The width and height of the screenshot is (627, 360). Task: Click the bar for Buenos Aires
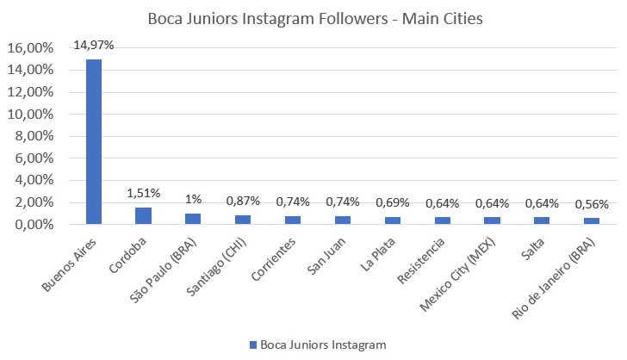click(93, 141)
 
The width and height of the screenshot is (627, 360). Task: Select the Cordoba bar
click(143, 216)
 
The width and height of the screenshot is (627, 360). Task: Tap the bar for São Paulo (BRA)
click(193, 219)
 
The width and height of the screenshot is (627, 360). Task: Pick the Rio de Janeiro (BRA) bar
click(592, 221)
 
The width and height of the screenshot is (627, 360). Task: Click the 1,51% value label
click(143, 193)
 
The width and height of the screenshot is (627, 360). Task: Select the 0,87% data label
click(243, 200)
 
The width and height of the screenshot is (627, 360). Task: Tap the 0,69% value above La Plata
click(392, 203)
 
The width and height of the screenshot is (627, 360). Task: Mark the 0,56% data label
click(592, 205)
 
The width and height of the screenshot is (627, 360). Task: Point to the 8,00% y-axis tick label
click(34, 136)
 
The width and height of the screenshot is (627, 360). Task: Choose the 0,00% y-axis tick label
click(34, 225)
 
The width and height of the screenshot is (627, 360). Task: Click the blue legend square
click(254, 344)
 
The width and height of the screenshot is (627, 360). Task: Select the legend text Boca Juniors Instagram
click(324, 344)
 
